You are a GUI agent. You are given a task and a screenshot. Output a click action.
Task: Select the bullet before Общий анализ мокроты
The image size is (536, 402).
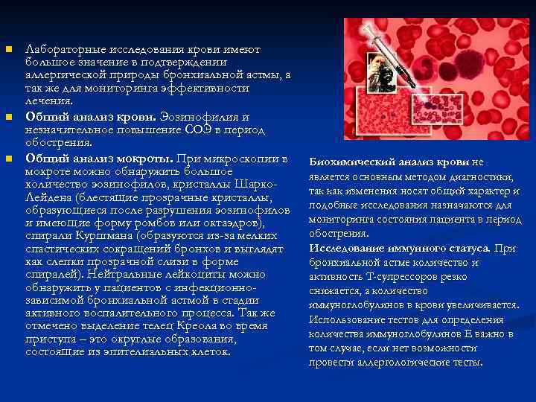[x=9, y=159]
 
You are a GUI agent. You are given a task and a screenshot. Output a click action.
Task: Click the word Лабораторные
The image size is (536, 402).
[x=63, y=49]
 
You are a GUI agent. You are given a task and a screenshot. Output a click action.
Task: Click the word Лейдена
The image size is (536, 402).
[x=50, y=196]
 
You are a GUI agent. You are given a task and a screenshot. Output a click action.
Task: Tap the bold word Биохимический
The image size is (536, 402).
[x=350, y=162]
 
